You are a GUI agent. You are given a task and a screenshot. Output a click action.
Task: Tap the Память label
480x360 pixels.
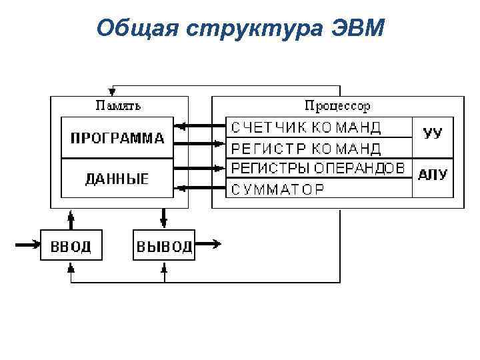[x=118, y=105]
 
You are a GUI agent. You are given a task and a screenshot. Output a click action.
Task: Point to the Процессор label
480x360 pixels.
[x=337, y=105]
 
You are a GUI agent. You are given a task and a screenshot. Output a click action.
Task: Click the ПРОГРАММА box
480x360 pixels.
[x=117, y=139]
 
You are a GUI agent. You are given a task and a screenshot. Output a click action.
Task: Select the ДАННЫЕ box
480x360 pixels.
[x=117, y=178]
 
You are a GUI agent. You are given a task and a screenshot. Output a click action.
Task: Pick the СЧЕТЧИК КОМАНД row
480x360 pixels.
[x=307, y=127]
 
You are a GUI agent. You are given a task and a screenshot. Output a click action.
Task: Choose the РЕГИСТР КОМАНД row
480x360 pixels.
[x=307, y=147]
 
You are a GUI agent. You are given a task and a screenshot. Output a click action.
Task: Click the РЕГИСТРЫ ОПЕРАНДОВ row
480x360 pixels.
[x=318, y=168]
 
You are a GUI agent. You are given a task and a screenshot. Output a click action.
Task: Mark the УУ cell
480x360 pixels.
[x=433, y=133]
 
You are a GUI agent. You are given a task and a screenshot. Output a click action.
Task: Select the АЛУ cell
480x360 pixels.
[x=433, y=176]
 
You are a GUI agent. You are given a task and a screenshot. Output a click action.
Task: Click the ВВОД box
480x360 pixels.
[x=71, y=246]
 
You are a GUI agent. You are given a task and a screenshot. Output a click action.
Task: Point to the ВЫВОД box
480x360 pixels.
[x=165, y=246]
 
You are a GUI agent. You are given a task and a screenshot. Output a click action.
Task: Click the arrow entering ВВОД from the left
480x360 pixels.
[x=28, y=245]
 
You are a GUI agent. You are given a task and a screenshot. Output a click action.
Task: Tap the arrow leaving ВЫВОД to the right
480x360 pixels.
[x=209, y=245]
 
